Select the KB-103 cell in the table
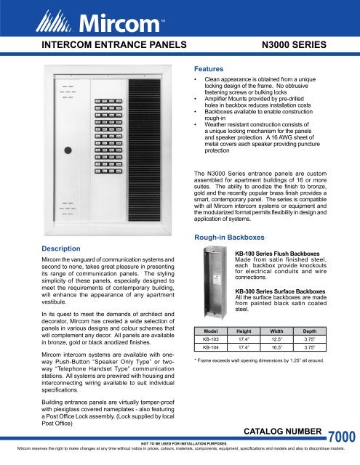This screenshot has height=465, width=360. [x=210, y=339]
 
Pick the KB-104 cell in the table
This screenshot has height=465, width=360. [x=210, y=349]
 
